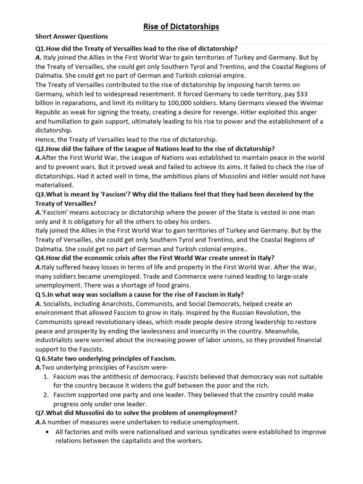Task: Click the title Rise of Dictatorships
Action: click(x=181, y=27)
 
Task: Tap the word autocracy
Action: click(x=102, y=213)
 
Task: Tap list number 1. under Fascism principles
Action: click(x=46, y=377)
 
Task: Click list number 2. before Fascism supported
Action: click(x=46, y=395)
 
